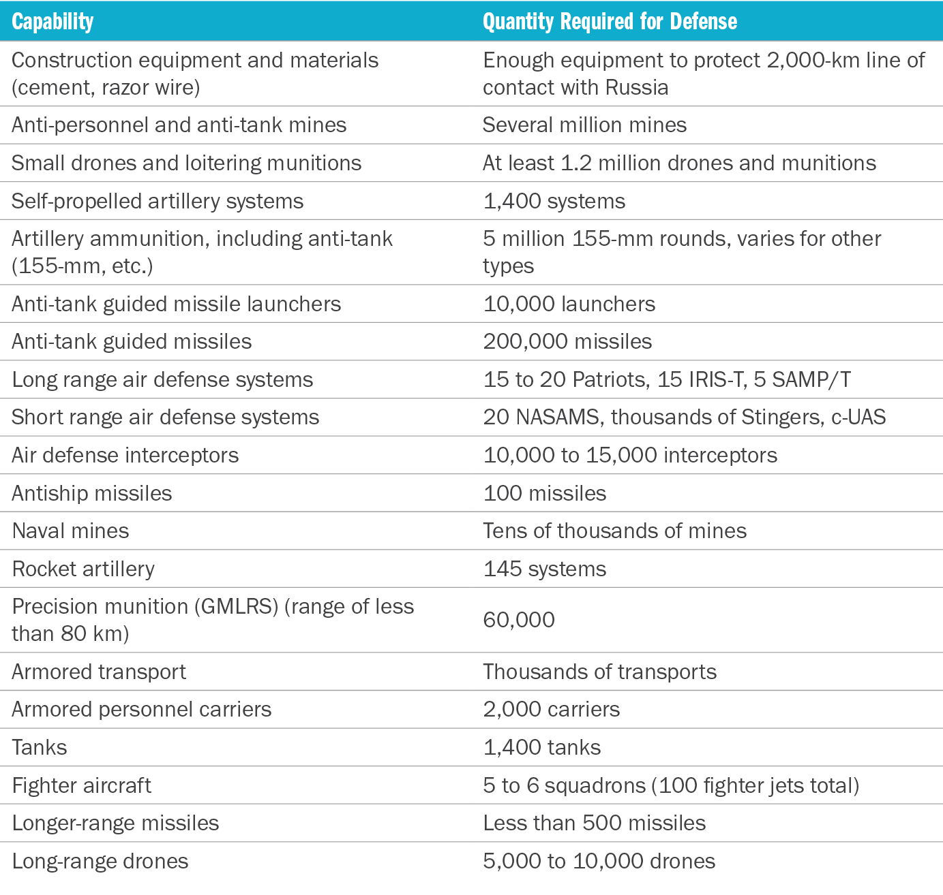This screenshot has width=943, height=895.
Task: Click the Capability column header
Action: tap(53, 22)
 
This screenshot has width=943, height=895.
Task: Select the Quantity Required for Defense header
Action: tap(610, 22)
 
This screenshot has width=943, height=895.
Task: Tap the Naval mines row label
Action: tap(70, 531)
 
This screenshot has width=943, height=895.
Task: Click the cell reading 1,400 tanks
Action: tap(541, 747)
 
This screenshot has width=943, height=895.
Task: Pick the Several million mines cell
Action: tap(584, 125)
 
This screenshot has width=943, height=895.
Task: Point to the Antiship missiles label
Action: tap(91, 493)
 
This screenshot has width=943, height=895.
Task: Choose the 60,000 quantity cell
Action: tap(518, 620)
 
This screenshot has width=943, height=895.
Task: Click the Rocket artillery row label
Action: tap(83, 569)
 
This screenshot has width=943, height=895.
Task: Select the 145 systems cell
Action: tap(544, 569)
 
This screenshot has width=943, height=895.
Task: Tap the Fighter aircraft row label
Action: tap(81, 785)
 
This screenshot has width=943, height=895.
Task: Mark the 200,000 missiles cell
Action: tap(567, 341)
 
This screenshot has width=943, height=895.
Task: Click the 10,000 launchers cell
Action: tap(569, 304)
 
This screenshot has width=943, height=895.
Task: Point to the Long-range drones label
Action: tap(100, 861)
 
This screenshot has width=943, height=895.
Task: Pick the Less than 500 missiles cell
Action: tap(594, 823)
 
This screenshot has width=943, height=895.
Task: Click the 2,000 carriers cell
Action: tap(551, 709)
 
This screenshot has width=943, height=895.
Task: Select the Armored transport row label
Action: tap(99, 672)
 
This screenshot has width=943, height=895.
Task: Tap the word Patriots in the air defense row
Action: tap(611, 379)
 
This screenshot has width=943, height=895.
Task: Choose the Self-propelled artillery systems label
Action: tap(158, 201)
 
